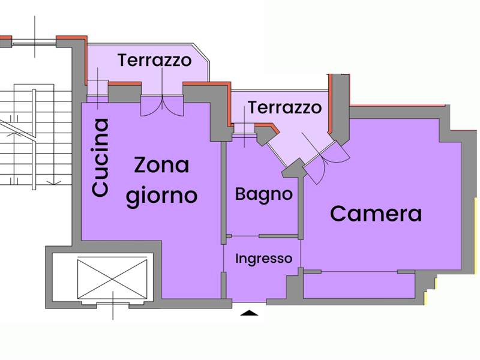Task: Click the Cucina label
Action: coord(100,157)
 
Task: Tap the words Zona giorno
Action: coord(161,180)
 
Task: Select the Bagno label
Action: coord(263,194)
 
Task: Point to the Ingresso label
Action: coord(263,259)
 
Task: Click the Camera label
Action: coord(376,214)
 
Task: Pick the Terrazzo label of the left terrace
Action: coord(154,61)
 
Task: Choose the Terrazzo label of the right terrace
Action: coord(284,108)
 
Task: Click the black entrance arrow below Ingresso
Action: coord(250,312)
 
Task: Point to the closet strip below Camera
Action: coord(359,284)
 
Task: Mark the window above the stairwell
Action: coord(34,42)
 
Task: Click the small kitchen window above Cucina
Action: coord(94,96)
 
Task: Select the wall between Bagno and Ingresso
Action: coord(262,235)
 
